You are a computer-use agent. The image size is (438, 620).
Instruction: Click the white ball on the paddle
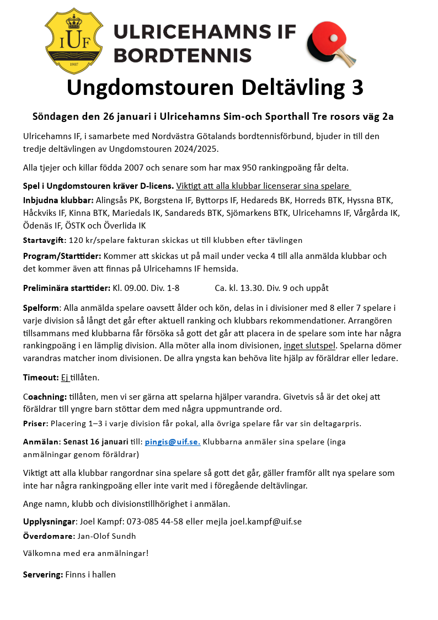click(333, 38)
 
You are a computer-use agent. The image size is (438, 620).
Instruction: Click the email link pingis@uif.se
click(172, 442)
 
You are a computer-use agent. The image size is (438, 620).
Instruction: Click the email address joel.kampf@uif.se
click(266, 522)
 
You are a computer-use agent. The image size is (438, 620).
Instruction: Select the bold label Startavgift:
click(45, 240)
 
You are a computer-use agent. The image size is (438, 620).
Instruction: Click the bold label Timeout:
click(41, 378)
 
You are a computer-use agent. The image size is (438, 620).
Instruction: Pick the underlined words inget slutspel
click(309, 346)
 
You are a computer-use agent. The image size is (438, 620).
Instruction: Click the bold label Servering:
click(42, 574)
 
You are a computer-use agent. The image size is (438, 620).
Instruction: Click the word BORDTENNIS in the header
click(183, 55)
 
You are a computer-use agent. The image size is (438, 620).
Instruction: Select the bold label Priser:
click(35, 423)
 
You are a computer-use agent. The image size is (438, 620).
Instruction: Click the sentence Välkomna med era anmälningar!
click(86, 553)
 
